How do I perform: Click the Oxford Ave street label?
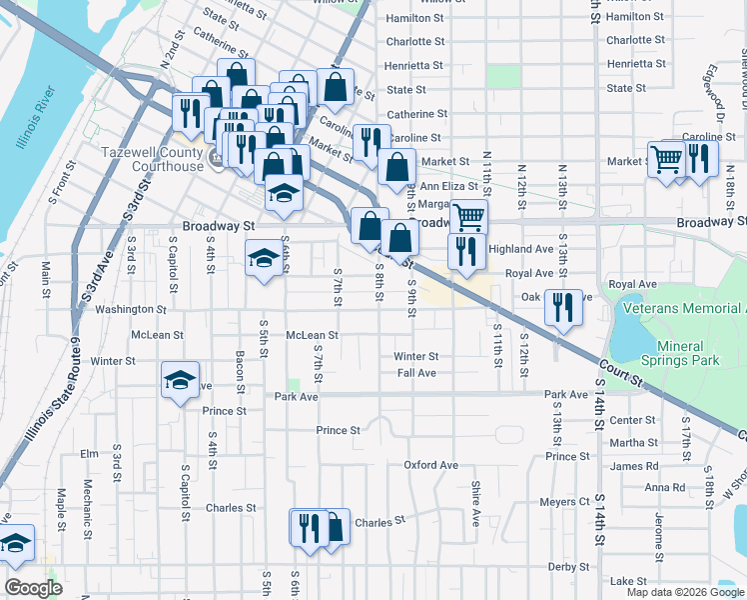point(430,465)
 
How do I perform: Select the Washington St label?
point(130,310)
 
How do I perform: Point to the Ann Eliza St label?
point(444,185)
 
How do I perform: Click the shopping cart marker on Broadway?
point(467,217)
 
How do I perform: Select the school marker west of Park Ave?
point(181,380)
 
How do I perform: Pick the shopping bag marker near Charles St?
point(335,527)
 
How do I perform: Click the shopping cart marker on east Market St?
point(666,158)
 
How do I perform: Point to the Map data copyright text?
point(686,592)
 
